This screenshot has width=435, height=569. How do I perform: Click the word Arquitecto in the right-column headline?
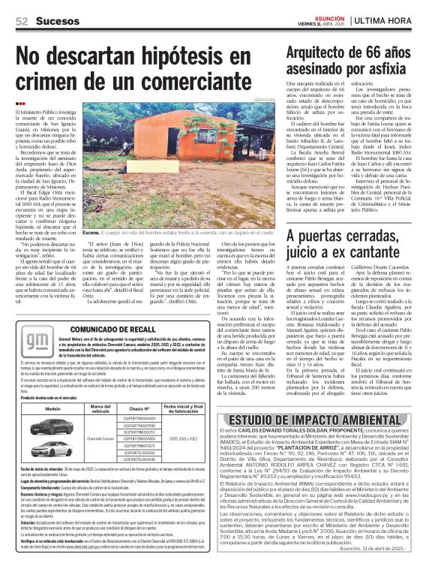tap(325, 32)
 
